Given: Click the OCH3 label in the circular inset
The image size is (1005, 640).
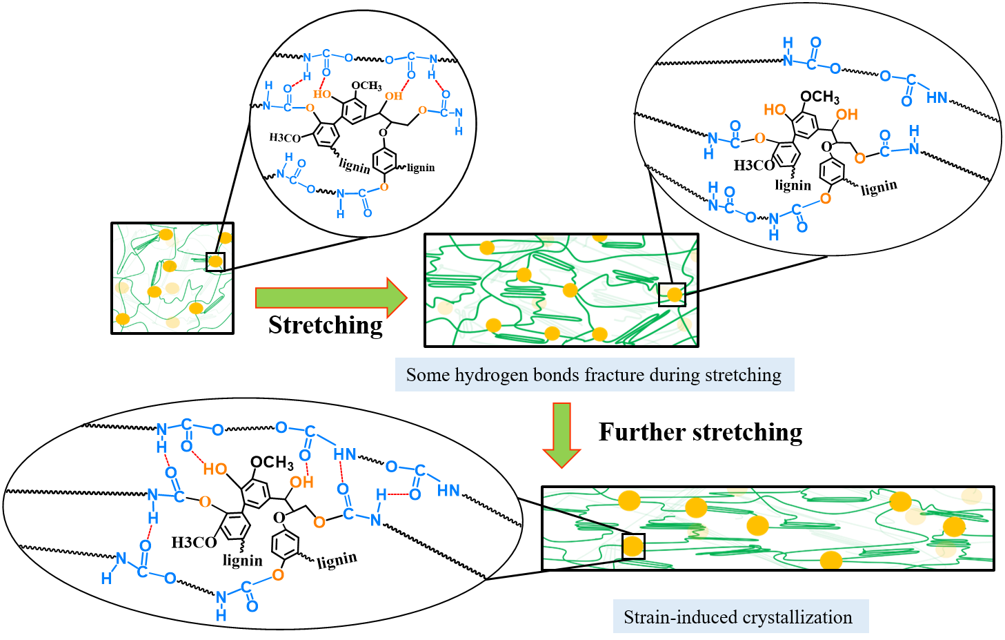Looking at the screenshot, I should (366, 86).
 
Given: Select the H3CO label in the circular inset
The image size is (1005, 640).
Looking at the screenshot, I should (285, 138).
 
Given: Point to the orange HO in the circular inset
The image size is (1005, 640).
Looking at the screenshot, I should (322, 94).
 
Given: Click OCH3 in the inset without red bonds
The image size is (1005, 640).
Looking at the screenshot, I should (819, 97).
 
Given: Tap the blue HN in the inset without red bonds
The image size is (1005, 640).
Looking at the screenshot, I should (937, 98).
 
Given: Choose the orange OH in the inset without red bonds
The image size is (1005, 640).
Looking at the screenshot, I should (847, 115).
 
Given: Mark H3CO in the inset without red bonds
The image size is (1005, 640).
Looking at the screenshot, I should (753, 166).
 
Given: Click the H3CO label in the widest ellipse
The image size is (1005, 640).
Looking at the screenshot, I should (194, 543).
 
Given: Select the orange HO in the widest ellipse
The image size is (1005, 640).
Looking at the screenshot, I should (215, 469).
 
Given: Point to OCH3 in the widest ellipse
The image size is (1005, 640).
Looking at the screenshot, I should (272, 463).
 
